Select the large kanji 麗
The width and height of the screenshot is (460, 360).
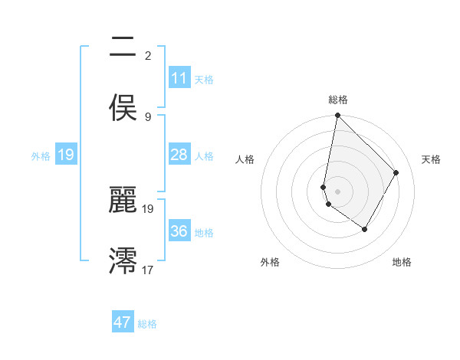click(x=123, y=201)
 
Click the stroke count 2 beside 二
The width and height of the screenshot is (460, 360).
click(x=148, y=55)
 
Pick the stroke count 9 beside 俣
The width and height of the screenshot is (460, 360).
click(x=148, y=116)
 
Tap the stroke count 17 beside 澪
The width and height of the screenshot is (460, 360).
click(x=148, y=270)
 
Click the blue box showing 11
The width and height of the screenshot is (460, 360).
click(x=179, y=78)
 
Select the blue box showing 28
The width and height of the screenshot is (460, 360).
click(x=179, y=155)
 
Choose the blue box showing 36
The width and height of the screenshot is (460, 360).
click(x=179, y=231)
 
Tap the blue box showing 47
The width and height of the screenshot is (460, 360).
click(x=123, y=322)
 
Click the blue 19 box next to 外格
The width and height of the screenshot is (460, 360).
click(x=66, y=155)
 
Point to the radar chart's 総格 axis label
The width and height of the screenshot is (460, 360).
click(x=338, y=100)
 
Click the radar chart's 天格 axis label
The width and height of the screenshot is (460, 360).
click(x=431, y=159)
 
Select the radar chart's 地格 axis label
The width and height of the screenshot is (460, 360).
click(x=402, y=262)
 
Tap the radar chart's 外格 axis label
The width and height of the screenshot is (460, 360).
click(x=270, y=262)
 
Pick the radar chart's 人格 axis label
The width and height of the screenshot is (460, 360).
click(x=245, y=159)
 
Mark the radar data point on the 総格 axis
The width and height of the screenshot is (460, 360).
click(x=337, y=116)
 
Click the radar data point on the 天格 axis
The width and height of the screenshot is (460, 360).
click(x=396, y=172)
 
